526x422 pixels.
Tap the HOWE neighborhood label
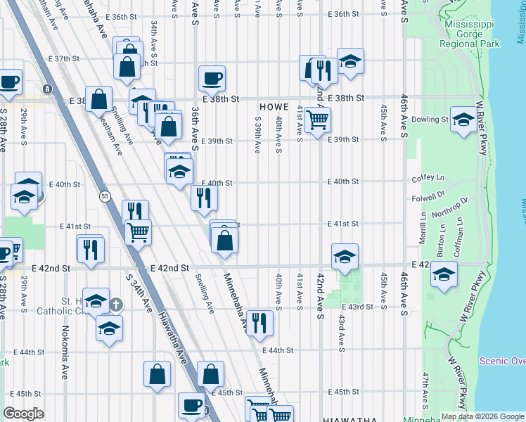pyautogui.click(x=274, y=106)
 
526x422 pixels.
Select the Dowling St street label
pyautogui.click(x=430, y=120)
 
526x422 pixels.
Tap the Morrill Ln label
pyautogui.click(x=423, y=230)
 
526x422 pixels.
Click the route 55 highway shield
pyautogui.click(x=105, y=196)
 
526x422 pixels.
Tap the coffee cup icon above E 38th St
pyautogui.click(x=212, y=79)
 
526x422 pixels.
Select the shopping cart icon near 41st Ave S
pyautogui.click(x=318, y=120)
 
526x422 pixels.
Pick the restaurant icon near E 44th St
pyautogui.click(x=259, y=324)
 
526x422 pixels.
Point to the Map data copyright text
pyautogui.click(x=482, y=416)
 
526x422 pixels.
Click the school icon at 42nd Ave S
pyautogui.click(x=345, y=257)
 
